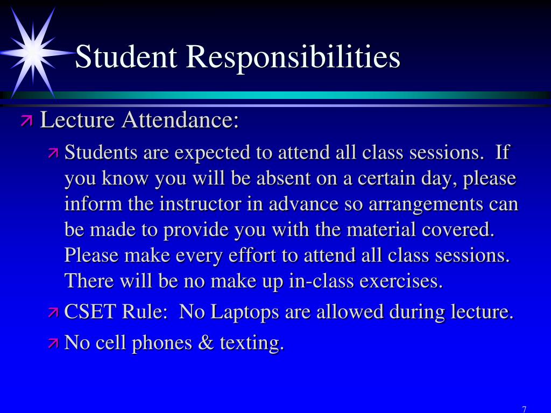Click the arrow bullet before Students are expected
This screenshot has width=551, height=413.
[x=53, y=153]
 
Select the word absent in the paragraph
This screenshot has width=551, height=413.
[x=285, y=179]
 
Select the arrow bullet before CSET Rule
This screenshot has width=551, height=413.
[x=53, y=312]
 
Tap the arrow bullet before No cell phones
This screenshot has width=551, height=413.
[x=53, y=343]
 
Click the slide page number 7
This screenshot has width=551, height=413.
[x=524, y=409]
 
